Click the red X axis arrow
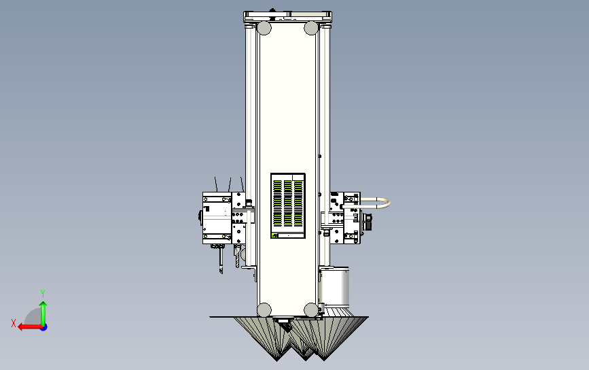pos(30,327)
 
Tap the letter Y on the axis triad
pos(43,293)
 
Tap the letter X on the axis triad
pos(14,323)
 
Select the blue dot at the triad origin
pos(44,328)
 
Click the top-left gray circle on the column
pos(264,28)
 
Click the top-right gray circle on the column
pos(311,28)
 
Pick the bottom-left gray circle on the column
pos(264,310)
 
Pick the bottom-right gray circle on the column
pos(311,310)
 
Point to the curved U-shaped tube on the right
pos(389,203)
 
